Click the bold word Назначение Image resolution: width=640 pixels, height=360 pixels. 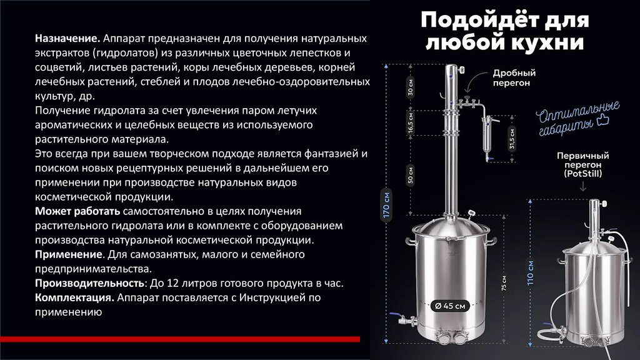[x=67, y=38]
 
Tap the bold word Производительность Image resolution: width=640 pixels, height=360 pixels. [x=89, y=283]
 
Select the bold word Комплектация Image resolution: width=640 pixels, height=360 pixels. [x=74, y=297]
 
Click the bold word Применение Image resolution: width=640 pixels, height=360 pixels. [x=69, y=254]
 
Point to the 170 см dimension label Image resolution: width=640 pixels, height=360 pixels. [x=386, y=205]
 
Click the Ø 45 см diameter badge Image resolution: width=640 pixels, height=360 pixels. [x=450, y=306]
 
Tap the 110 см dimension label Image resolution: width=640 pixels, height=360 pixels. [x=530, y=272]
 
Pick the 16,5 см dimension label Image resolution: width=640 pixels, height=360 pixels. [x=411, y=123]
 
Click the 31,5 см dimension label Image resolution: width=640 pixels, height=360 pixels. [x=512, y=139]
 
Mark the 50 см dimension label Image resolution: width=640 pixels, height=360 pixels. [x=411, y=175]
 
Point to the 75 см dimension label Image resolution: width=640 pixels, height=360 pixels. [x=504, y=283]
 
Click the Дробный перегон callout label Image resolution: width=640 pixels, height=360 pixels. [x=514, y=77]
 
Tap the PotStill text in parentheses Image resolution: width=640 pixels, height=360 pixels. [x=583, y=174]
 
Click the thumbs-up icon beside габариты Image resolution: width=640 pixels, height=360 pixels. [x=602, y=121]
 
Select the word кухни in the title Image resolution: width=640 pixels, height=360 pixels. [x=546, y=42]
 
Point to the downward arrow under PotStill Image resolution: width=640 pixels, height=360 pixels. [x=583, y=186]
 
